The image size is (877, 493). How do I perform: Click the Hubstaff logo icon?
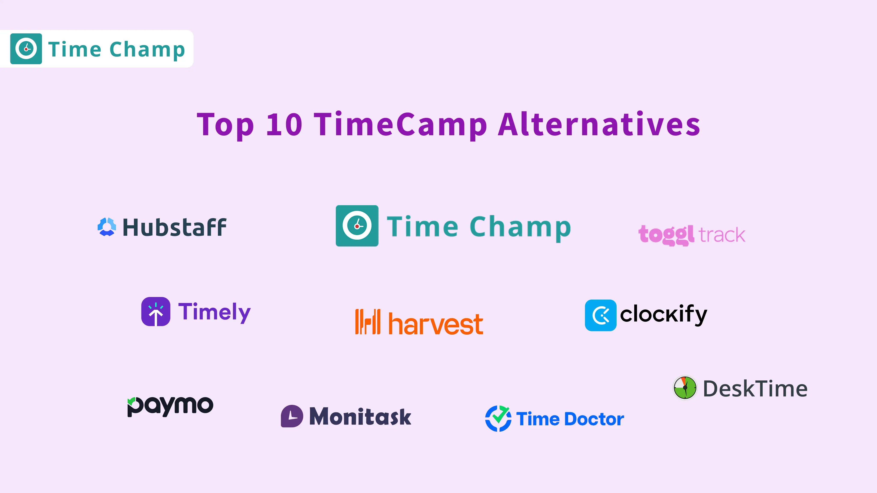[107, 227]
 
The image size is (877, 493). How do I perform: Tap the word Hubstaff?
[174, 227]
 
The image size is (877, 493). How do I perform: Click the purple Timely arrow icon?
[156, 312]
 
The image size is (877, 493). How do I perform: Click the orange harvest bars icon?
[368, 322]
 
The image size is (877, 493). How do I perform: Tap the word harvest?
[436, 324]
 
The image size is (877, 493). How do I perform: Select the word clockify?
[663, 314]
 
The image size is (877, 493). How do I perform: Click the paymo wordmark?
[170, 405]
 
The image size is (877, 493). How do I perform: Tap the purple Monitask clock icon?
[292, 416]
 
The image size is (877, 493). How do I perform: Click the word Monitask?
[360, 416]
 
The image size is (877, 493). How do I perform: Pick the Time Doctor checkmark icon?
[498, 419]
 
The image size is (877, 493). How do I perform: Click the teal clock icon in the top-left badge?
[26, 49]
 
